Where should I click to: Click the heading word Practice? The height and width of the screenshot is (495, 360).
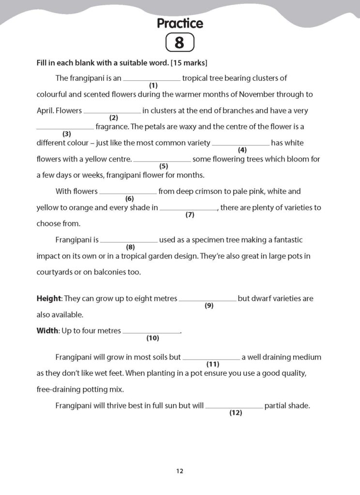[180, 23]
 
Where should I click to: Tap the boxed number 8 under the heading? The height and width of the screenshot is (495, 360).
[180, 43]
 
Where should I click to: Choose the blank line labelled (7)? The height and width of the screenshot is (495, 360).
[189, 209]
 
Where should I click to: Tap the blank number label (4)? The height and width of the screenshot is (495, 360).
[242, 150]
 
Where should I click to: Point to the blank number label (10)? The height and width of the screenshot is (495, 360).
[152, 338]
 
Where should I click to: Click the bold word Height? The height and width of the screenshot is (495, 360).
[48, 299]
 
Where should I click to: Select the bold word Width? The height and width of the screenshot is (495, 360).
[47, 331]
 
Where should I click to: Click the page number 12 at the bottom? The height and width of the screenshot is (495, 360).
[180, 471]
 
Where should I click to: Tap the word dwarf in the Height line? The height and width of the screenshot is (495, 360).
[261, 299]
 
